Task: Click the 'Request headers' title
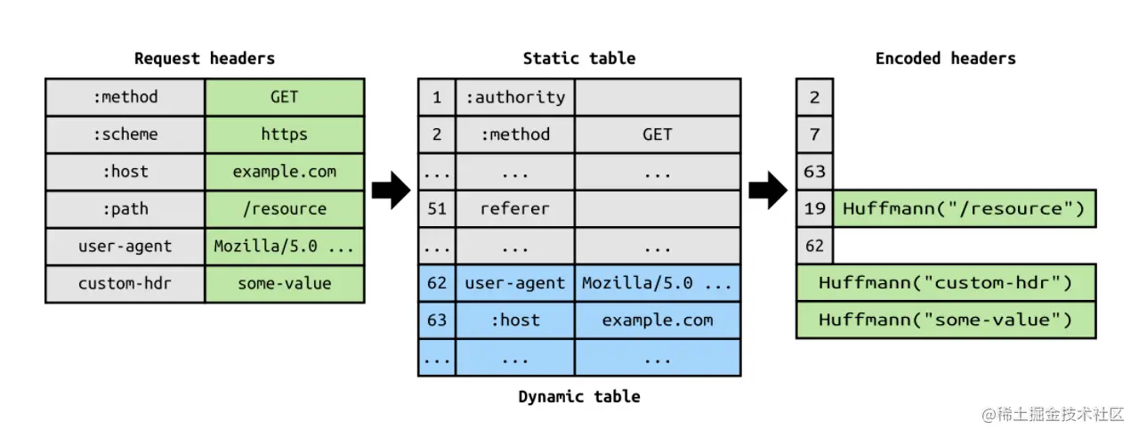pos(204,59)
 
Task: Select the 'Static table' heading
pos(578,59)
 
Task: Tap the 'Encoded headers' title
pos(945,59)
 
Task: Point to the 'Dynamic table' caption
pos(578,396)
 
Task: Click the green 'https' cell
pos(284,134)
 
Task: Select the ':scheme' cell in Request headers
pos(125,134)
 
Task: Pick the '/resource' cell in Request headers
pos(284,209)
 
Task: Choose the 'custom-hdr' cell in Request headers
pos(125,284)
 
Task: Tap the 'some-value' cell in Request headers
pos(284,284)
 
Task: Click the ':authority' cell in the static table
pos(514,97)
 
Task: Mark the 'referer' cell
pos(514,209)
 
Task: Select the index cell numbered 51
pos(436,209)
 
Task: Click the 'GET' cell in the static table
pos(657,134)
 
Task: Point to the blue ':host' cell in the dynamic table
pos(514,320)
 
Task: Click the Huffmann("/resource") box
pos(964,209)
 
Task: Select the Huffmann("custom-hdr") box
pos(945,283)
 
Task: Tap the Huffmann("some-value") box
pos(945,320)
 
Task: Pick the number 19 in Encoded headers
pos(814,209)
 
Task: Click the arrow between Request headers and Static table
pos(390,190)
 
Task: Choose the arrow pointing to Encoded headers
pos(767,190)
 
